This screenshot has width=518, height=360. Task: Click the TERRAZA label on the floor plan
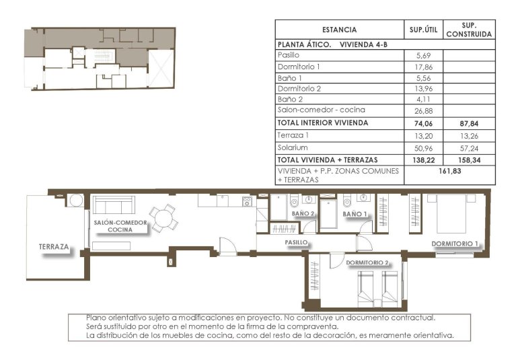pos(54,247)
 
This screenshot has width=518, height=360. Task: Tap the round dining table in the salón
pos(163,217)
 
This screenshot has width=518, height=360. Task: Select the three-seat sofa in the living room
pos(113,205)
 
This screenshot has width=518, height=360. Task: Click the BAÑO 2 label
pos(303,214)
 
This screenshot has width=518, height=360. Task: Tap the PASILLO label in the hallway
pos(296,241)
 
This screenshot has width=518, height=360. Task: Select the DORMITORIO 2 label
pos(367,262)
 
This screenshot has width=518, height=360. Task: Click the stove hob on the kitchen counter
pos(247,201)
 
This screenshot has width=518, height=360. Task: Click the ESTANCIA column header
pos(339,30)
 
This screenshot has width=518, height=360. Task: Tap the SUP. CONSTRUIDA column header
pos(469,29)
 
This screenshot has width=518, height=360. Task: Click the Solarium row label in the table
pos(293,147)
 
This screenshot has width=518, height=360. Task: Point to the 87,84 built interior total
pos(469,122)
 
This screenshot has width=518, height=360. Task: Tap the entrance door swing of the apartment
pos(228,247)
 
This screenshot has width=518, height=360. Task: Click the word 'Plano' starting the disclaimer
pos(98,317)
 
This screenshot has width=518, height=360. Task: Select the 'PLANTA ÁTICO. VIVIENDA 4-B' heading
pos(332,44)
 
